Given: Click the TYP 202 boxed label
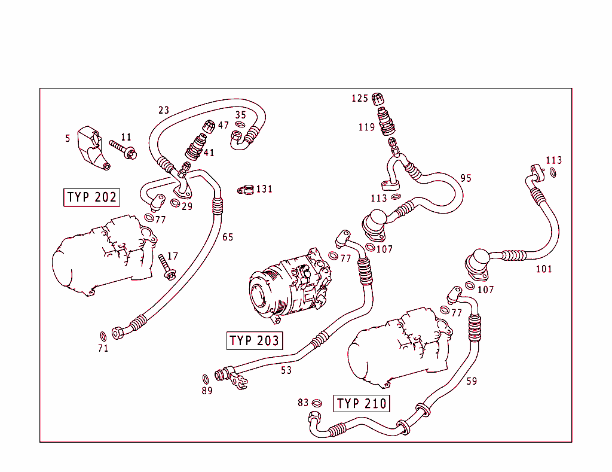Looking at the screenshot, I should [92, 197].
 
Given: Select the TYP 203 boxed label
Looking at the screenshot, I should [254, 341].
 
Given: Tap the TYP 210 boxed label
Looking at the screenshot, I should [362, 404].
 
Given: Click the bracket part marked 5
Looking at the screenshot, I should [94, 147].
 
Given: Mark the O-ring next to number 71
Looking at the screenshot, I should [102, 335].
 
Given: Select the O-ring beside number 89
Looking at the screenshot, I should [206, 379].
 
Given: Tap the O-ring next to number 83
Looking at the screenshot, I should [317, 403].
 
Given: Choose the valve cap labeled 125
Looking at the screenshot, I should [377, 99].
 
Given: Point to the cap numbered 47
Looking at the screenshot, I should [210, 126].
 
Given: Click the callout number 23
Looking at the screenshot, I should [164, 110].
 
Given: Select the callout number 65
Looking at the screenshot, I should [228, 237].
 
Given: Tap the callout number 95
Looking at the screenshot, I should [466, 178].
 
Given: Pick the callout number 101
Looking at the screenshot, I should [543, 269].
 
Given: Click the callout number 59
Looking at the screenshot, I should [472, 381].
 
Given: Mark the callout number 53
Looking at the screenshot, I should [286, 370].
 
